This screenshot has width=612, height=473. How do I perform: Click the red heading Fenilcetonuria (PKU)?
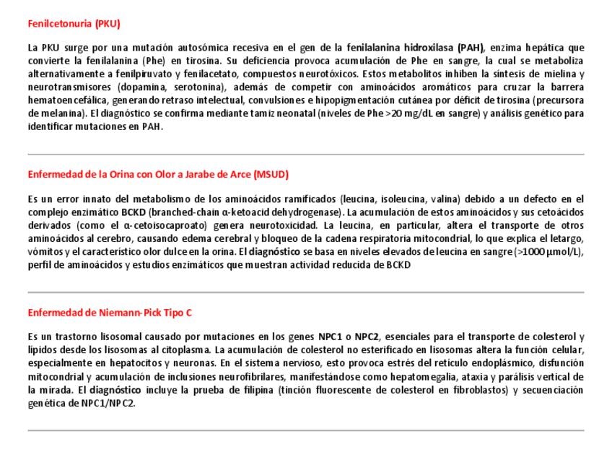coord(74,23)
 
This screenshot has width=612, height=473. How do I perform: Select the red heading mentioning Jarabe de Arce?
coord(158,174)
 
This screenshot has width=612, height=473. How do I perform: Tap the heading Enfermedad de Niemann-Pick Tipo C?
coord(110,313)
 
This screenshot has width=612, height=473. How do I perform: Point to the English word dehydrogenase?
coord(308,212)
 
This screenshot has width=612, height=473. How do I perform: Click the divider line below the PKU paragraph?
coord(306,154)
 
